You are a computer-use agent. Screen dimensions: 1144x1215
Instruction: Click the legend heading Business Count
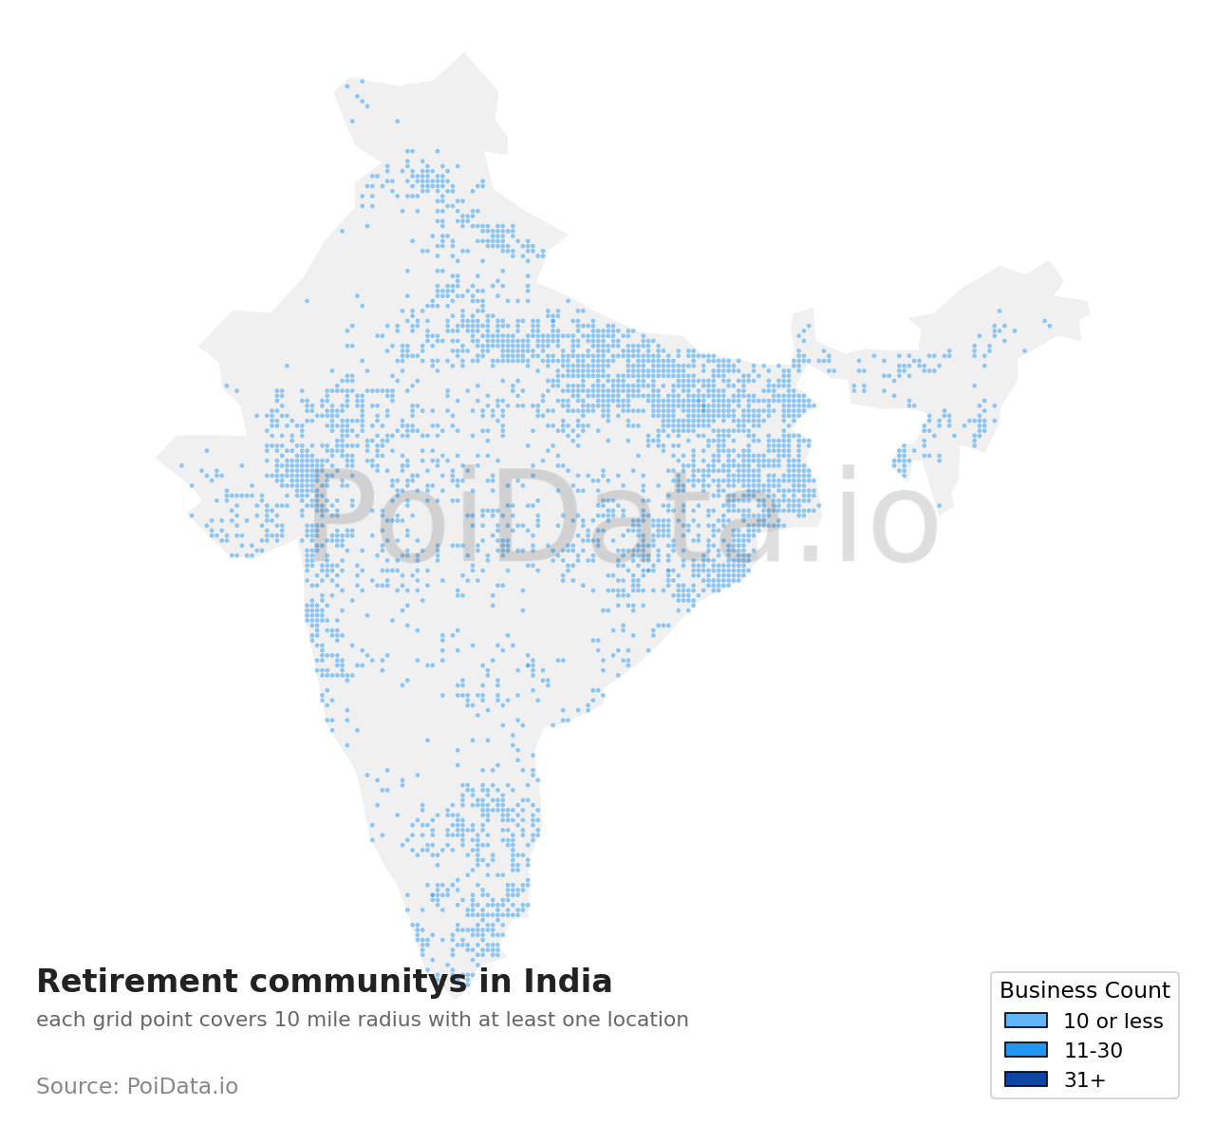point(1084,991)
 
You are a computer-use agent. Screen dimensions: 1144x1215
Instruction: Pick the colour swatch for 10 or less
point(1026,1021)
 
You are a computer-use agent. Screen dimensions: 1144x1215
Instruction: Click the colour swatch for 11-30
point(1026,1050)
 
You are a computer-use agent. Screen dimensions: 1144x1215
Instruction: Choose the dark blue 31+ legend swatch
point(1026,1079)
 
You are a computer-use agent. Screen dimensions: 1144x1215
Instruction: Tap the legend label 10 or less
point(1112,1022)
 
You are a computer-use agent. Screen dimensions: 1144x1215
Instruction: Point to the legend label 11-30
point(1093,1051)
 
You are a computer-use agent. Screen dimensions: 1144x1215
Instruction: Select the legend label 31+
point(1084,1080)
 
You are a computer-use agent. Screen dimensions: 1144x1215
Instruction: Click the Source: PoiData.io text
point(137,1087)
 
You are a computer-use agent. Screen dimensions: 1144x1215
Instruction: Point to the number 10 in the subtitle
point(284,1021)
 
